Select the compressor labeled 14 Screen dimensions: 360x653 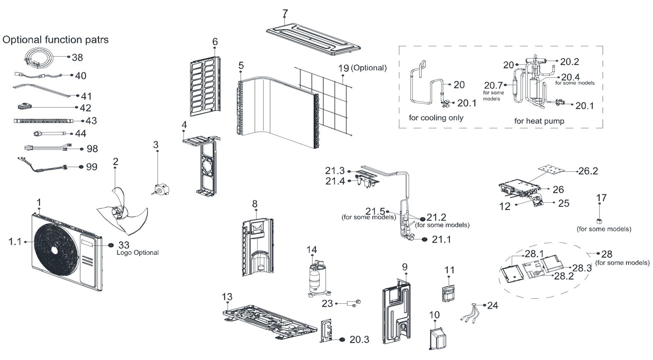317,278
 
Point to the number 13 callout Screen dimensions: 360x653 227,297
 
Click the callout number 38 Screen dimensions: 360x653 77,58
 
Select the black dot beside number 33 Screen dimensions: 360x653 111,245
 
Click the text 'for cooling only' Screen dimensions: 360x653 436,118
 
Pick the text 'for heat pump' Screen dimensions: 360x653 539,121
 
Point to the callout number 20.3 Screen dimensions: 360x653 359,340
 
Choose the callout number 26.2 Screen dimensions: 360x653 588,171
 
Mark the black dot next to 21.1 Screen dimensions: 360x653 425,239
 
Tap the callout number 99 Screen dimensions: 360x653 92,167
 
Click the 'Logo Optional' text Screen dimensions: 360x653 138,253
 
